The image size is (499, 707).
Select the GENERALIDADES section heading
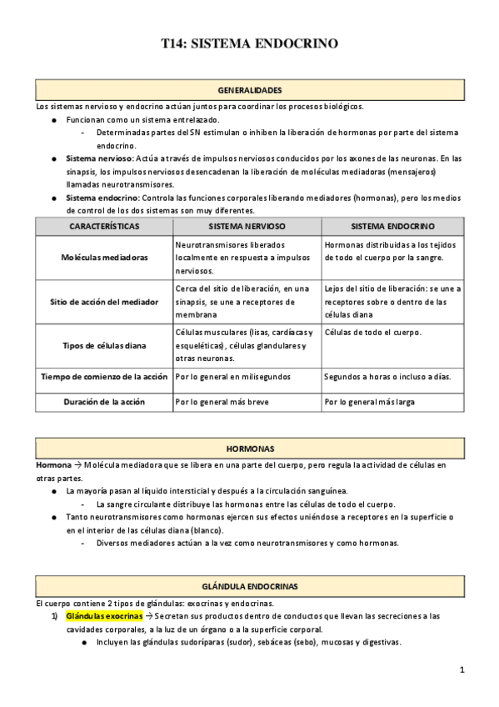(x=249, y=90)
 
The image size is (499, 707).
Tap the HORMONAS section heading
(x=249, y=449)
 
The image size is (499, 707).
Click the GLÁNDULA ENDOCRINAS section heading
(x=249, y=587)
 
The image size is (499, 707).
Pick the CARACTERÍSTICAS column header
(x=104, y=226)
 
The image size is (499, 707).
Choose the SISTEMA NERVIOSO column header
(x=247, y=226)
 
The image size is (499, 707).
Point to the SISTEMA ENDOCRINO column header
(x=392, y=226)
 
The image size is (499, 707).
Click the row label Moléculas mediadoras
(x=104, y=258)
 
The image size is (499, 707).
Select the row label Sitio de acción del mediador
(x=104, y=301)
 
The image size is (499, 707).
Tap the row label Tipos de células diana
(x=104, y=345)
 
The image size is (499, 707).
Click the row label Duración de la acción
(x=104, y=401)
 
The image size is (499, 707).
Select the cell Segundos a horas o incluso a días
(x=388, y=377)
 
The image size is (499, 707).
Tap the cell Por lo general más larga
(x=368, y=401)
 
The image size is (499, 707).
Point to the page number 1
(x=462, y=670)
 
